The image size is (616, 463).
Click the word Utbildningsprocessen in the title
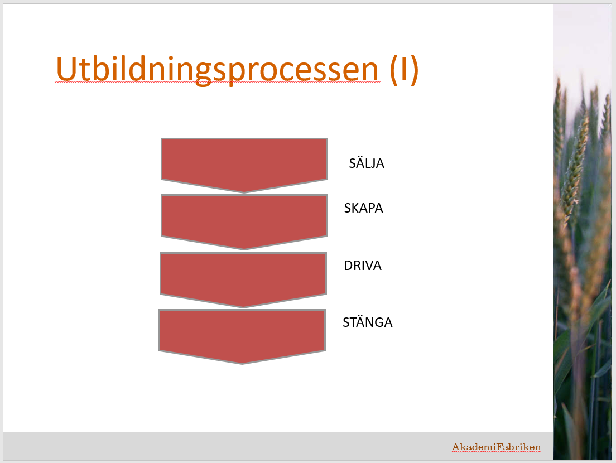click(217, 70)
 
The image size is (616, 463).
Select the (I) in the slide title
click(404, 70)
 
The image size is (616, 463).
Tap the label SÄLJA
click(367, 163)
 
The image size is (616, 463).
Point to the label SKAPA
click(363, 208)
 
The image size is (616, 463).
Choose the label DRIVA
click(363, 266)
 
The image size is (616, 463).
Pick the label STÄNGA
click(368, 322)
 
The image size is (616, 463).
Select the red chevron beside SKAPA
click(244, 221)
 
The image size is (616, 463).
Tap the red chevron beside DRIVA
click(243, 279)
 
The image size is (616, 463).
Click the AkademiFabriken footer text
click(497, 447)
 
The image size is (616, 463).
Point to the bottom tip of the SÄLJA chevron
click(244, 192)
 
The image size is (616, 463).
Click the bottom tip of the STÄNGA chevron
click(242, 364)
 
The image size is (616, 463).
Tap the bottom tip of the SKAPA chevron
click(244, 249)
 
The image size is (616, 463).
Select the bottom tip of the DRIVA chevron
click(243, 307)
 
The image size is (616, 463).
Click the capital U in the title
click(67, 68)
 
